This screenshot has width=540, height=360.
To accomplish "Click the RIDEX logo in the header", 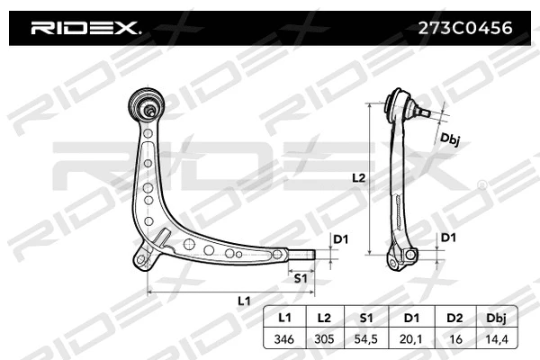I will [x=86, y=28].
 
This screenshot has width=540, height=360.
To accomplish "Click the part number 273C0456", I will [x=466, y=28].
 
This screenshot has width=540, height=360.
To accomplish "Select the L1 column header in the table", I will [x=284, y=319].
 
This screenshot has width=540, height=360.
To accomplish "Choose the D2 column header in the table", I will [x=455, y=319].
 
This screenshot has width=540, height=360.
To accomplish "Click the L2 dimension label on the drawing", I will [x=358, y=178].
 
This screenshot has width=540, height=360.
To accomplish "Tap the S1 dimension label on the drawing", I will [x=301, y=278].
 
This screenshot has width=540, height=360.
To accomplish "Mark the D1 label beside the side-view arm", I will [x=447, y=238].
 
